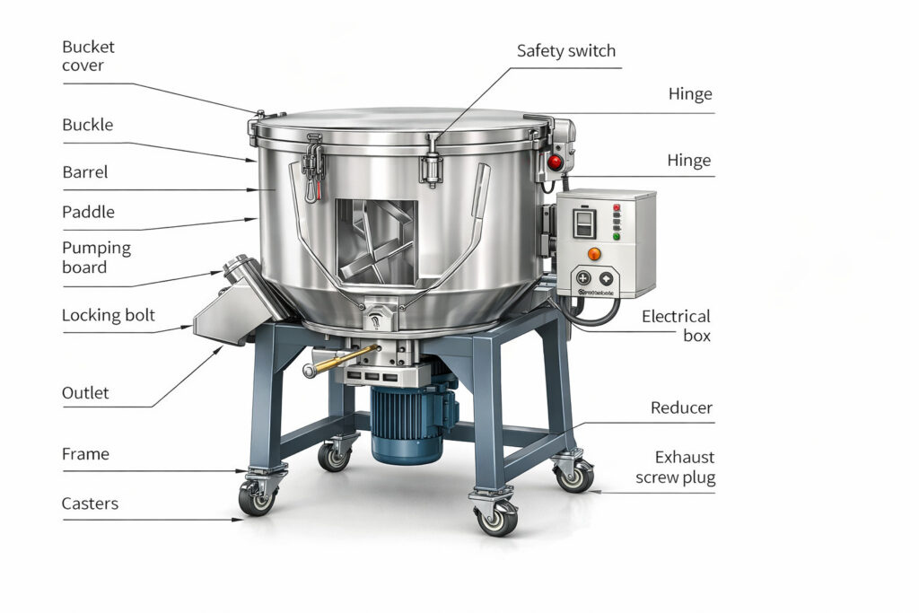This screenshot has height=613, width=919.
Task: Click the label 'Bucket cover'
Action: [88, 56]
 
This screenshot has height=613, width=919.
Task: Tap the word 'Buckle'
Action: [88, 125]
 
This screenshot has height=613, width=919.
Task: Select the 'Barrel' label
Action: [85, 171]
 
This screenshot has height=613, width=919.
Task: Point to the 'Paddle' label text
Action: [88, 213]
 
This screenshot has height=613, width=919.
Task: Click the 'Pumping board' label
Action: [96, 257]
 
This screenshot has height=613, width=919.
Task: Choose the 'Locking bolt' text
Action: [108, 315]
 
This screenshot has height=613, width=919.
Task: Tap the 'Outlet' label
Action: [85, 393]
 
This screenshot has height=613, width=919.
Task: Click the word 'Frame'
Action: [85, 454]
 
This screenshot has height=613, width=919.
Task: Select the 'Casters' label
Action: [90, 504]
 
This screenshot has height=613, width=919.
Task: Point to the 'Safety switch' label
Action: [566, 51]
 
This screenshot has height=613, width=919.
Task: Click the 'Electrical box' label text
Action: [676, 325]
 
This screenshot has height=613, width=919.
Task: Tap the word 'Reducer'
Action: [681, 408]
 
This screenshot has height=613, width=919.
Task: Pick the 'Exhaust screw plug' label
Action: [675, 468]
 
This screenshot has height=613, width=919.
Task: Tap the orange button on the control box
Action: [593, 254]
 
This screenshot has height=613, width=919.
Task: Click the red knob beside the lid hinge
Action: [555, 162]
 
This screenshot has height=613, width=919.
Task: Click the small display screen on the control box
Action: [582, 223]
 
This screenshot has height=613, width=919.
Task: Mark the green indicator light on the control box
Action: [616, 238]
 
